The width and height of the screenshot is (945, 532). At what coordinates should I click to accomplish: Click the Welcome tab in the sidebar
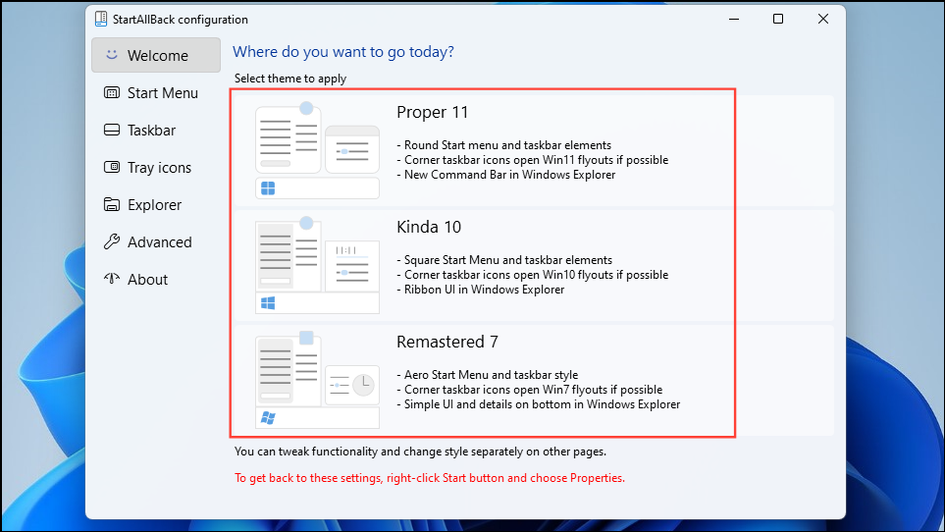click(156, 55)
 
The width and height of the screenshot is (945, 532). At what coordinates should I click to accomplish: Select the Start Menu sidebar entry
click(151, 93)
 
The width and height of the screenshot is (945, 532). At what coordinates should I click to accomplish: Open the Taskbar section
click(139, 131)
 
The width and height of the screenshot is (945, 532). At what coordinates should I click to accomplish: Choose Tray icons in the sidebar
click(147, 168)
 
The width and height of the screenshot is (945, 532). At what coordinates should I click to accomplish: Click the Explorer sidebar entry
click(143, 205)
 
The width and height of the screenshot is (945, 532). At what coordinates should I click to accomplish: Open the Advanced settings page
click(147, 242)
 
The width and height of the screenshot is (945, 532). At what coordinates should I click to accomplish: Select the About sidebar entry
click(136, 280)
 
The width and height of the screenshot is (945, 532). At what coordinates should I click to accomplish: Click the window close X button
click(822, 19)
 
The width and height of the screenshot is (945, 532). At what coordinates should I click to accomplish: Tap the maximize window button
click(778, 19)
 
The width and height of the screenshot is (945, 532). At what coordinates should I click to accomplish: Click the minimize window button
click(733, 19)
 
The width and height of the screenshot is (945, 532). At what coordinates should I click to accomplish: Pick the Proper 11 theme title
click(432, 113)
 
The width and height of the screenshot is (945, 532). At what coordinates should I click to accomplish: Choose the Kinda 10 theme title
click(429, 227)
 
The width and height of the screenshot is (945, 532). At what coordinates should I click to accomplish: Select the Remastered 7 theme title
click(447, 342)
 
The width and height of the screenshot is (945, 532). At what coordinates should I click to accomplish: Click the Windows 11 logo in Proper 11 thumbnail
click(268, 188)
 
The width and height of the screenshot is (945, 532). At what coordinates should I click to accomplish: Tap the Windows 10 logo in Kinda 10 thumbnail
click(268, 303)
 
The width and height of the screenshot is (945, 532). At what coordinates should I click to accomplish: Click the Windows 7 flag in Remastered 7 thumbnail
click(268, 417)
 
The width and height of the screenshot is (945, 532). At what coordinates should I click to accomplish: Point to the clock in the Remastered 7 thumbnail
click(363, 385)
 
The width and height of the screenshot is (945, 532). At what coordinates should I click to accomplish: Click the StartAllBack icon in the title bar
click(101, 19)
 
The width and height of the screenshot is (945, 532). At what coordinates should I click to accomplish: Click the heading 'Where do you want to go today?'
click(343, 52)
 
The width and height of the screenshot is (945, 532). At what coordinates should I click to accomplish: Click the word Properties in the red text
click(598, 478)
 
